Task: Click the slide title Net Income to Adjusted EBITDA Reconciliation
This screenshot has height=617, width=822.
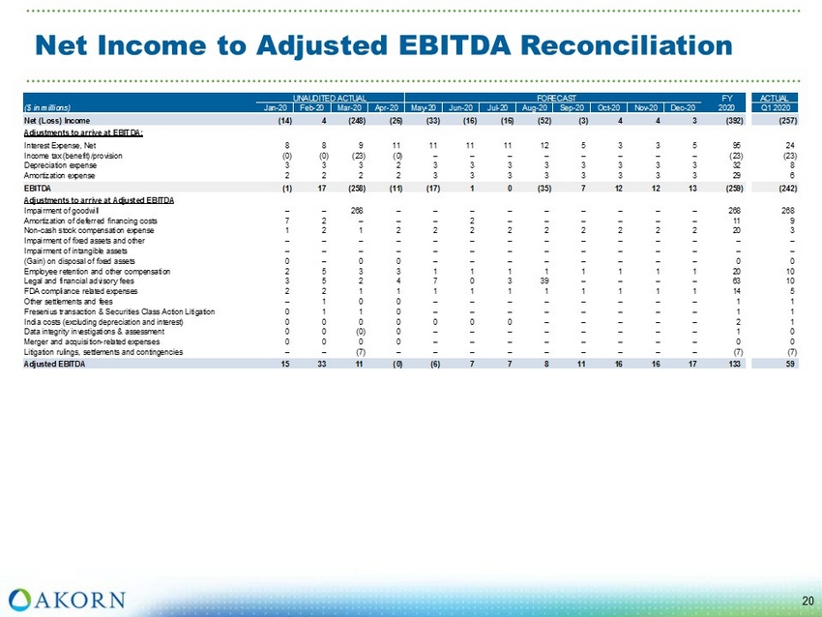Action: click(383, 44)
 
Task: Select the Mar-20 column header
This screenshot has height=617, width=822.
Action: click(351, 107)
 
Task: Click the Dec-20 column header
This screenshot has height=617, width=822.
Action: click(683, 107)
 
